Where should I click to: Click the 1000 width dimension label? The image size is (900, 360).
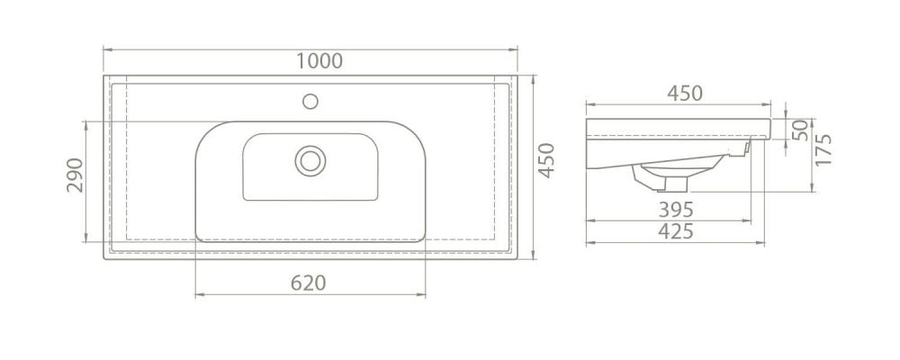pyautogui.click(x=319, y=61)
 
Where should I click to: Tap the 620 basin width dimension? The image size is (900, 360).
pyautogui.click(x=308, y=283)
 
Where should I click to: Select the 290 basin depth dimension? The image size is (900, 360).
pyautogui.click(x=76, y=175)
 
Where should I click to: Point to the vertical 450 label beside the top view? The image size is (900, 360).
pyautogui.click(x=546, y=160)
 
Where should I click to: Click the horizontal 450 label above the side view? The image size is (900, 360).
pyautogui.click(x=685, y=93)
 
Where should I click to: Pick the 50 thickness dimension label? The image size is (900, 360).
pyautogui.click(x=800, y=130)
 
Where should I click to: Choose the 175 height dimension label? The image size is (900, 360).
pyautogui.click(x=823, y=150)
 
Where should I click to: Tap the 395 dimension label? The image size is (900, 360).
pyautogui.click(x=676, y=210)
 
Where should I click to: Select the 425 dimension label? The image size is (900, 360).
pyautogui.click(x=676, y=231)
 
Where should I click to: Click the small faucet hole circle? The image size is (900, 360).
pyautogui.click(x=310, y=102)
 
